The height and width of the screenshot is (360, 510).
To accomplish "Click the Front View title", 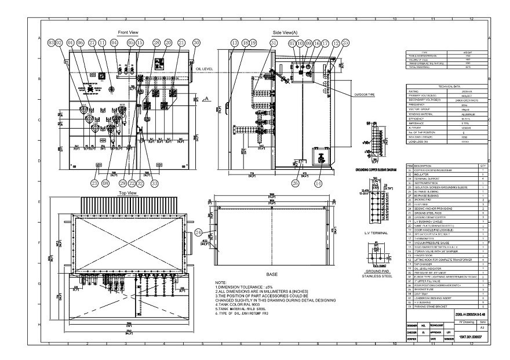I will click(x=128, y=32).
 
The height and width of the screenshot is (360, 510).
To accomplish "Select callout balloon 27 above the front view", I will click(x=92, y=43).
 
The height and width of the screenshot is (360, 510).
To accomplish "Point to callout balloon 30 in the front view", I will click(x=196, y=43).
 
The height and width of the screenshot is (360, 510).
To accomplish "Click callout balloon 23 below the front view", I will click(x=94, y=183).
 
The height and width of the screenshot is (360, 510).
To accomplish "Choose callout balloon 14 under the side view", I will click(x=318, y=183).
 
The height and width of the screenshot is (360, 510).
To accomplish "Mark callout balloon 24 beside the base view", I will click(x=199, y=232).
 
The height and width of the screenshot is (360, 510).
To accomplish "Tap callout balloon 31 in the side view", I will click(x=273, y=43).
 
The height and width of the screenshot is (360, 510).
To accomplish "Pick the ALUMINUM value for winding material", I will click(x=469, y=114).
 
